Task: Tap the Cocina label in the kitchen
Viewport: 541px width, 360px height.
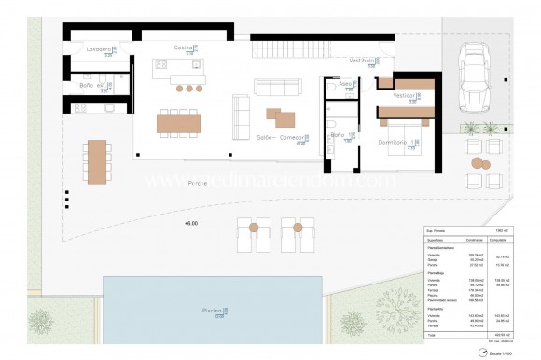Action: pyautogui.click(x=183, y=47)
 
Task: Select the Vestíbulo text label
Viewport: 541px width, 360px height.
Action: pyautogui.click(x=362, y=60)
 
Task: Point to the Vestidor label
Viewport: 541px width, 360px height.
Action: pyautogui.click(x=404, y=95)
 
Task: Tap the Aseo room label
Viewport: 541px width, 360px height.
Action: pyautogui.click(x=344, y=84)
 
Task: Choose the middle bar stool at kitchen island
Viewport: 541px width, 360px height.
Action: pyautogui.click(x=189, y=89)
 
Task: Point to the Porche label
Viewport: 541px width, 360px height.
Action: pyautogui.click(x=197, y=184)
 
